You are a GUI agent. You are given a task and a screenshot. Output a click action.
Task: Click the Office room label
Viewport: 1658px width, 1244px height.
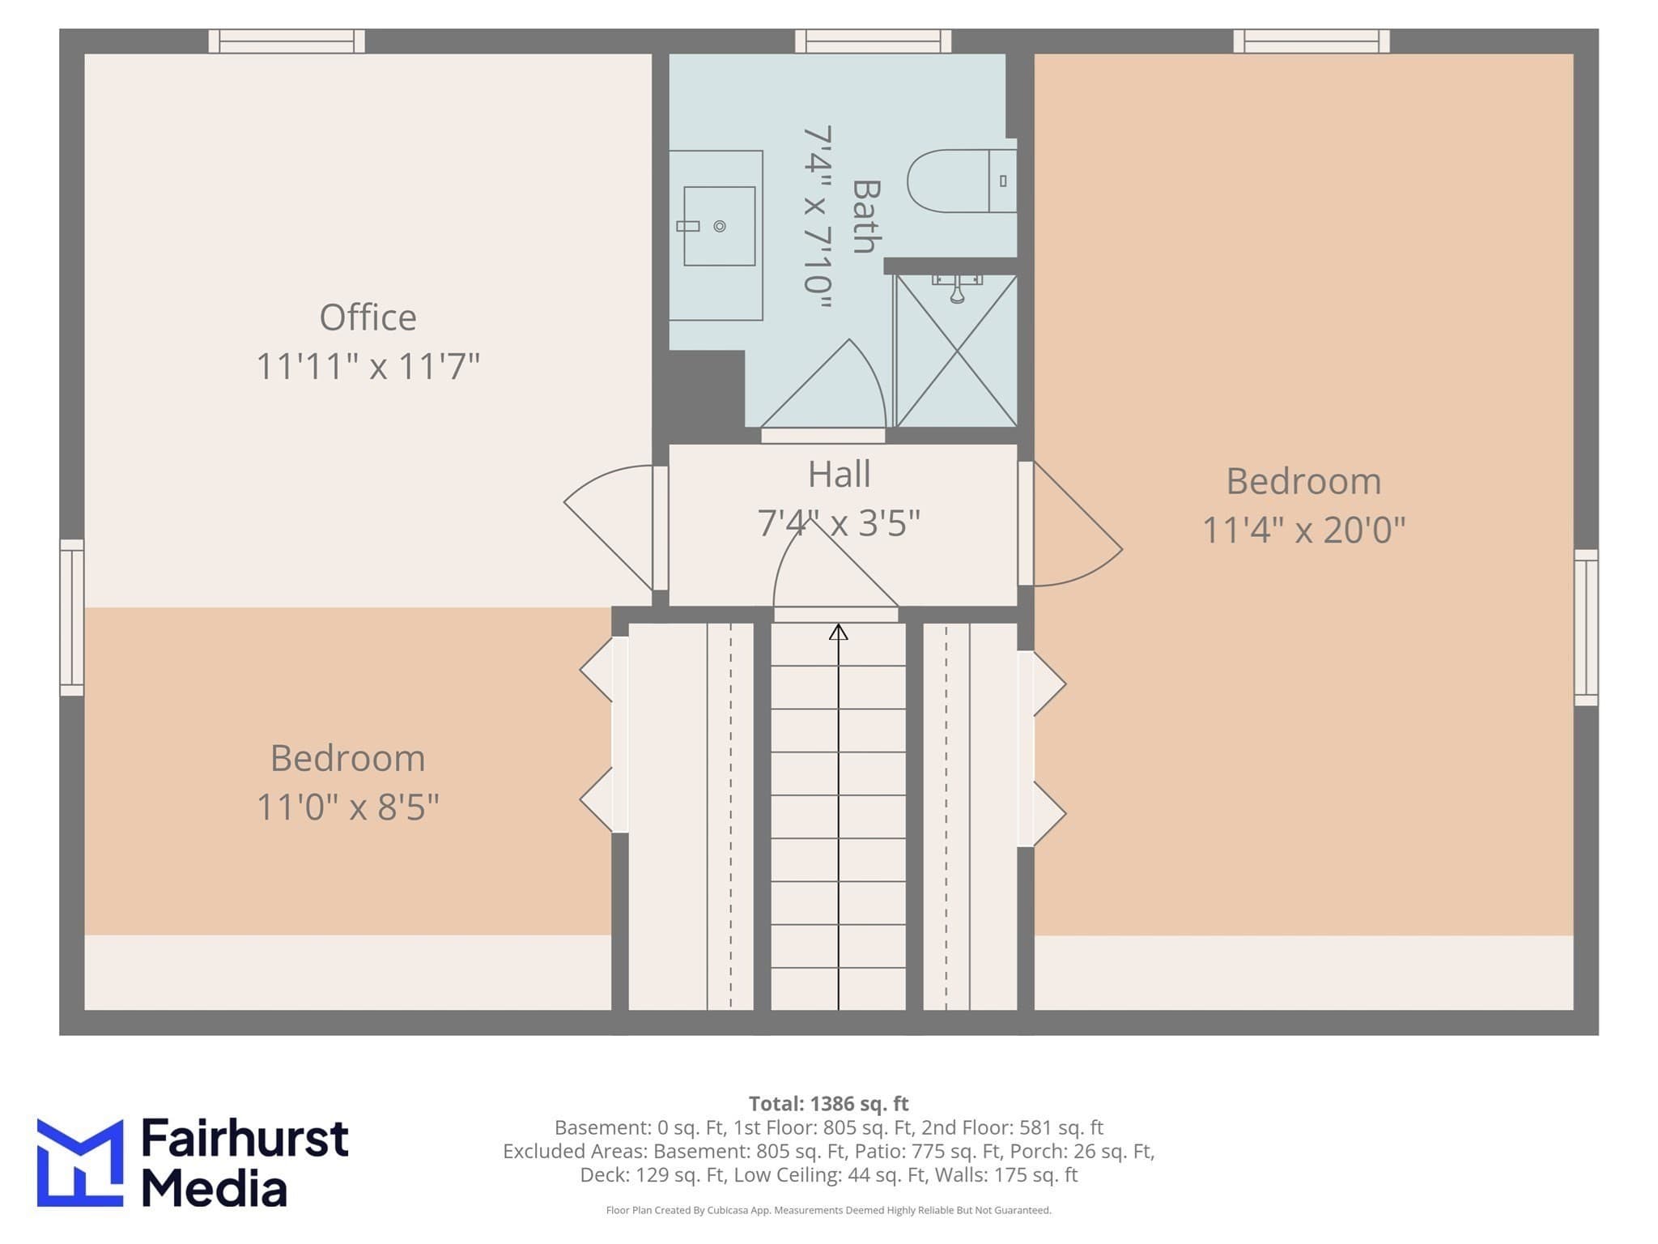[368, 317]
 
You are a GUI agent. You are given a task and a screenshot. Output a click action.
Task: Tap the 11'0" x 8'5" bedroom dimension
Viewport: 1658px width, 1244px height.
[348, 807]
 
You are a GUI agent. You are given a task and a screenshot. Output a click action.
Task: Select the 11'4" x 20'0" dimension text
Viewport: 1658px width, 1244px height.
[1303, 530]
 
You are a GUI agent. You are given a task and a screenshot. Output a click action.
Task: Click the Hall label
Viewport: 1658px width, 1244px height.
[839, 474]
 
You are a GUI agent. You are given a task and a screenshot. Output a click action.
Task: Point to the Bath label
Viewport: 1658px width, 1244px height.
[866, 216]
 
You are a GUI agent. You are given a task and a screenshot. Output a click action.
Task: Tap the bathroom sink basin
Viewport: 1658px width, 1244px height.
[719, 226]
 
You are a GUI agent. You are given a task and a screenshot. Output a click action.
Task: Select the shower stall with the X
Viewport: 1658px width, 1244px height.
[956, 351]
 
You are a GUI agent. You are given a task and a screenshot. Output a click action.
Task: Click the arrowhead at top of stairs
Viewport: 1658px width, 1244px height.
[838, 632]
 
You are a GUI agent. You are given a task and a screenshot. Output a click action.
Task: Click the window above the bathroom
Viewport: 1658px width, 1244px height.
[873, 40]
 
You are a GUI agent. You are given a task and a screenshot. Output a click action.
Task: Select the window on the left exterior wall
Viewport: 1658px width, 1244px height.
[72, 617]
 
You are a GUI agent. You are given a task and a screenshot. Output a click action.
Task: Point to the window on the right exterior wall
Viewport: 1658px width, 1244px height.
[1586, 627]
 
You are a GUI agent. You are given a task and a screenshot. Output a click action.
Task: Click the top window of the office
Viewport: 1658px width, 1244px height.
[287, 40]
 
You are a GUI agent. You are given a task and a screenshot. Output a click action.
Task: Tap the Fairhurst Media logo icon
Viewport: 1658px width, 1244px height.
[80, 1162]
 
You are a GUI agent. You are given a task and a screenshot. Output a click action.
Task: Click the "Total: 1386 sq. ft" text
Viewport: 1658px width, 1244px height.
[828, 1104]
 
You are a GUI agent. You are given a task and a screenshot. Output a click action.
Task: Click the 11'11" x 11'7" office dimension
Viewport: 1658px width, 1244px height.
[368, 366]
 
